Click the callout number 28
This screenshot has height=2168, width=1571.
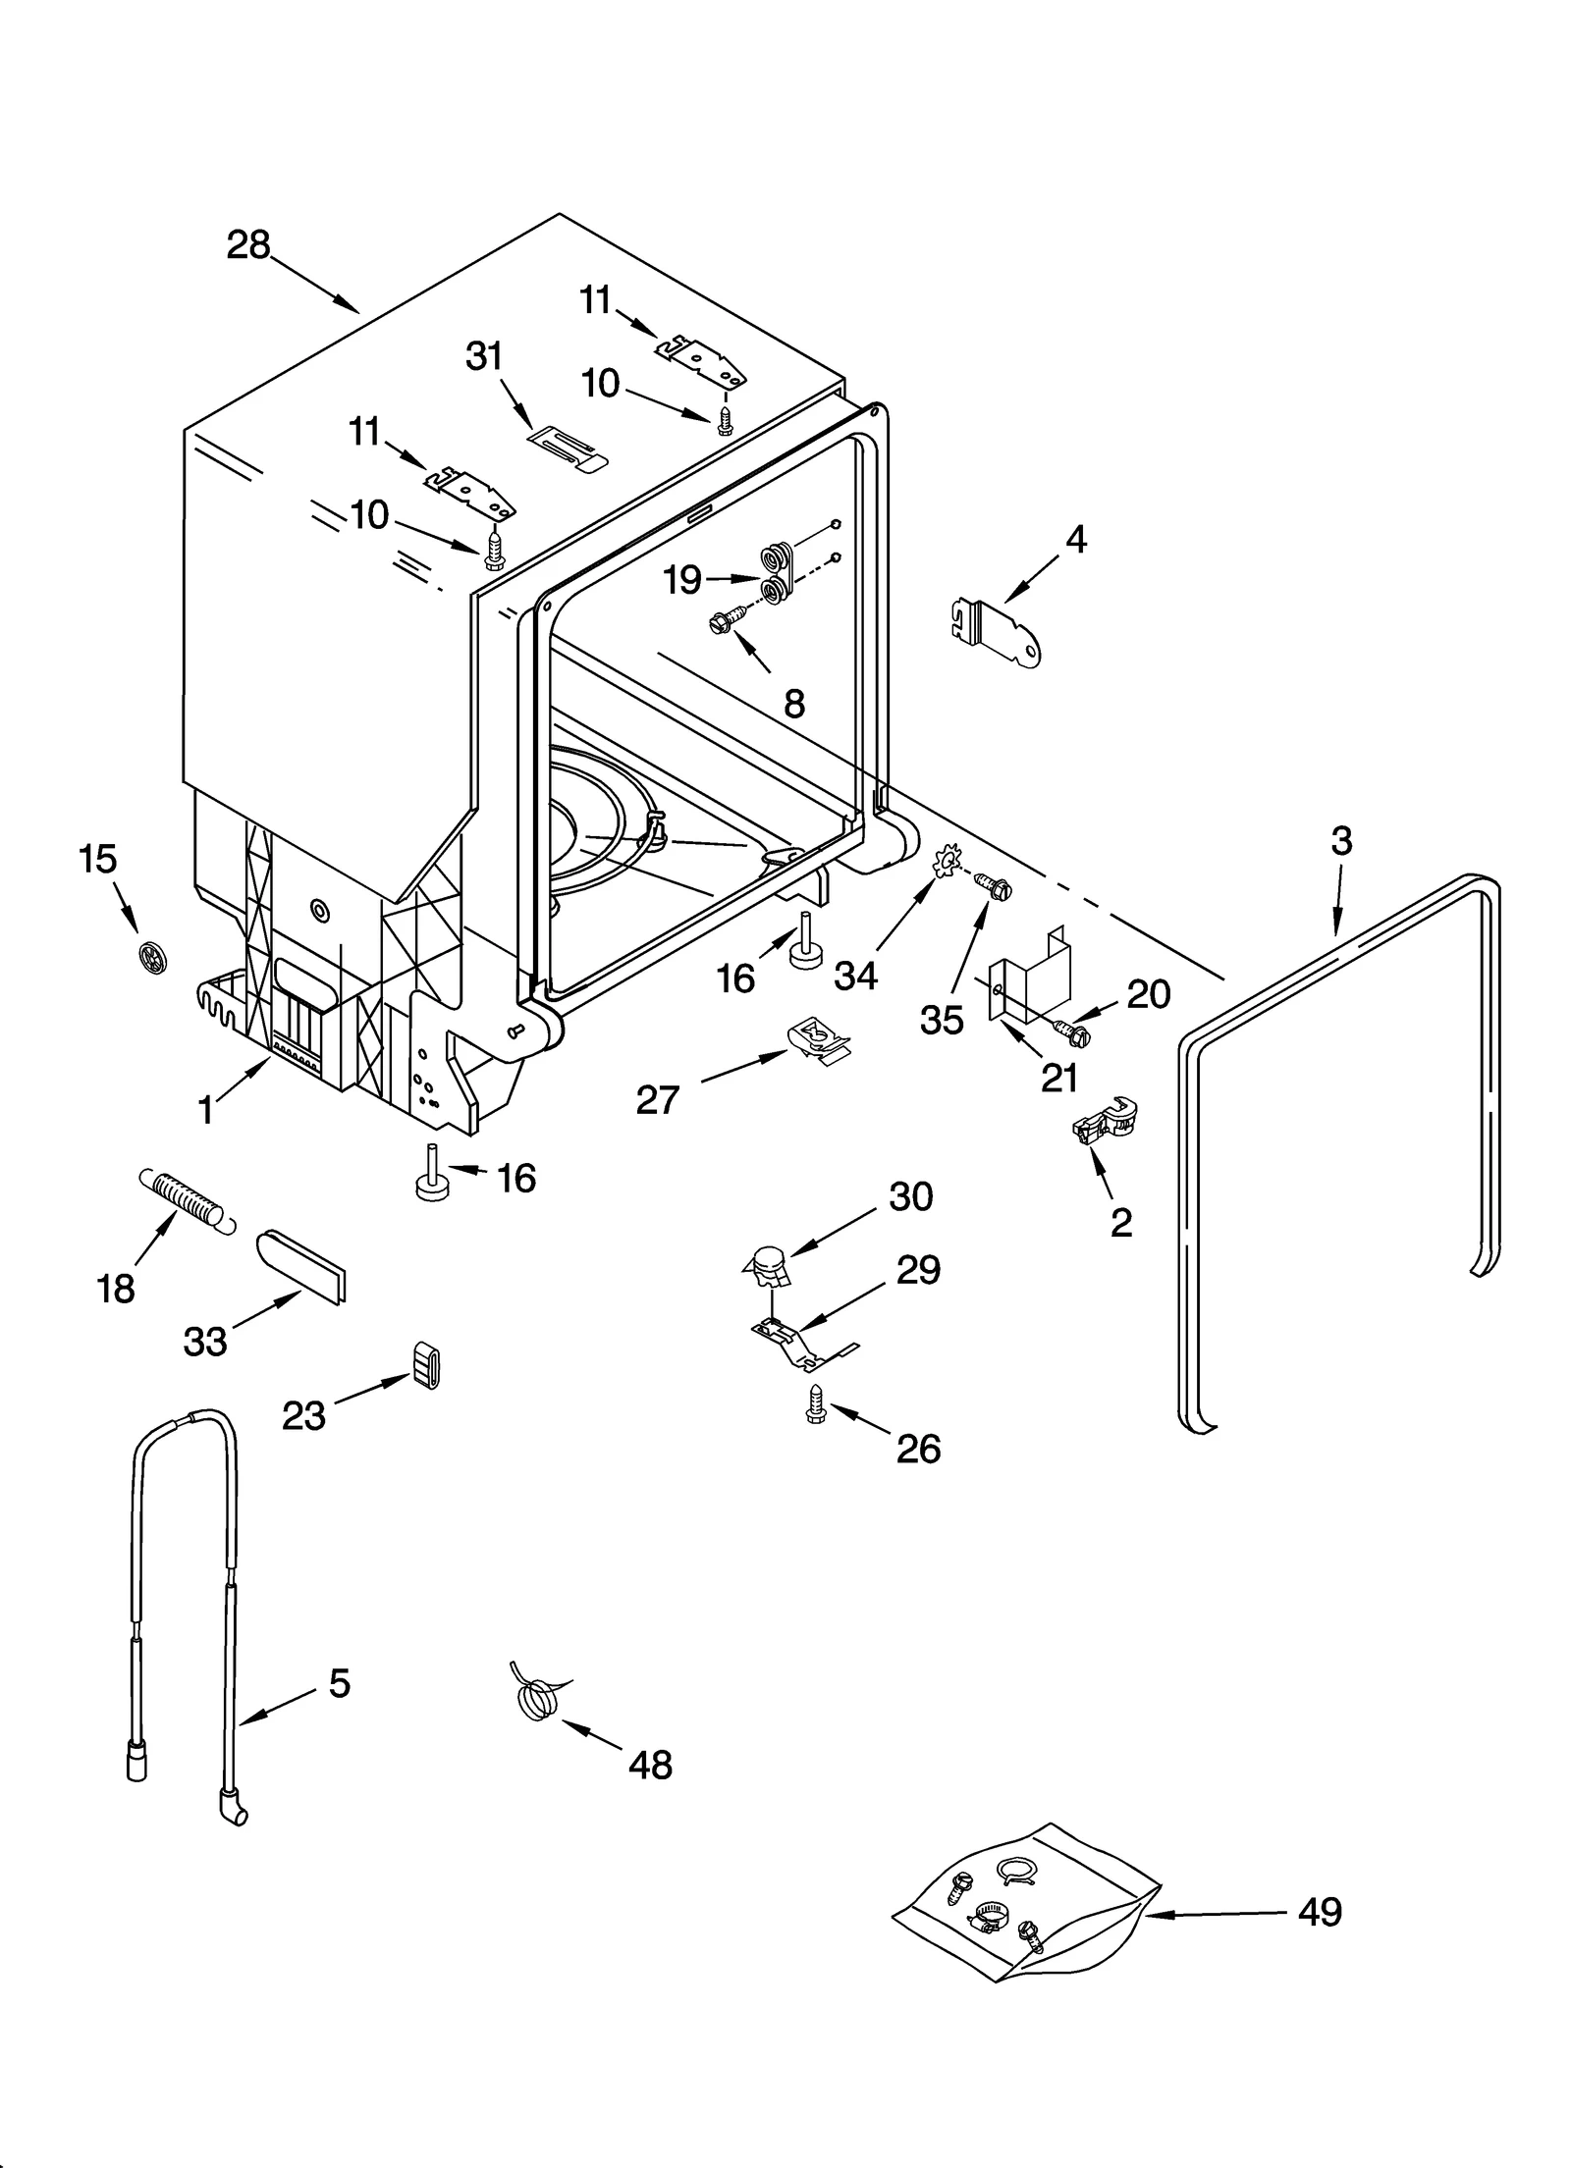tap(247, 244)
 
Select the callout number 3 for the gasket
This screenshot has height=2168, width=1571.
tap(1341, 841)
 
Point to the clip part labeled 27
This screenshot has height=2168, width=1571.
tap(818, 1037)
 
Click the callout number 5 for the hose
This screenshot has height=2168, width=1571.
tap(339, 1683)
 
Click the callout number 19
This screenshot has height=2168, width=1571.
tap(681, 580)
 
